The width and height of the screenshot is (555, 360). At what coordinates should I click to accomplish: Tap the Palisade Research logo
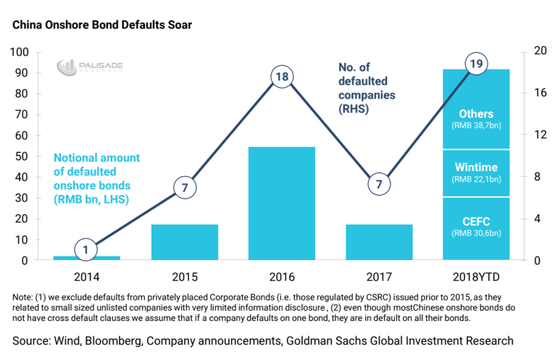pos(91,67)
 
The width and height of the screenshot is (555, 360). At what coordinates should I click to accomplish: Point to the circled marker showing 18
pos(282,77)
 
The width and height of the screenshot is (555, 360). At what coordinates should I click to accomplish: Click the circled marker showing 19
pos(476,65)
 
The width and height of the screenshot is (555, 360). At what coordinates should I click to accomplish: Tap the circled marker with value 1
pos(87,251)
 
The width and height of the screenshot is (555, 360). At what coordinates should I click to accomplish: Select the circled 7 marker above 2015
pos(185,188)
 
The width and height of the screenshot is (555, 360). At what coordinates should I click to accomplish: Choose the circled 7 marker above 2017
pos(379,185)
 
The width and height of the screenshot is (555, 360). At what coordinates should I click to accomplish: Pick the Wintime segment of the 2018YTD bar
pos(476,172)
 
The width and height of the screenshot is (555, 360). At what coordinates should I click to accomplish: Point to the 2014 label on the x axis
pos(87,277)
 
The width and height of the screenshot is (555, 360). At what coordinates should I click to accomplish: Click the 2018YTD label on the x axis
pos(476,277)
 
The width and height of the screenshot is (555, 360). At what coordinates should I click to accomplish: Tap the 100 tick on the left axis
pos(19,53)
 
